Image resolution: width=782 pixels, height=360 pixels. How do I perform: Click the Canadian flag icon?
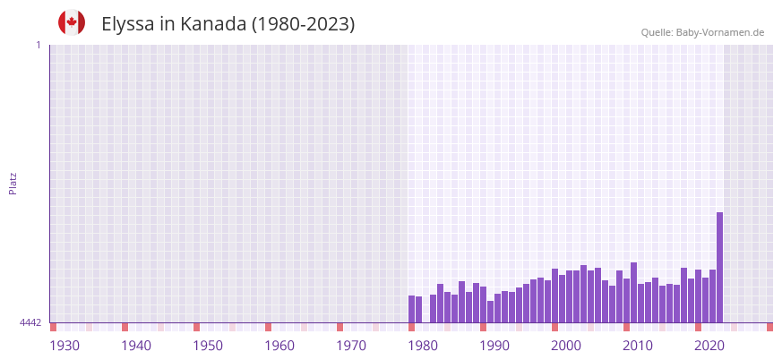tap(72, 23)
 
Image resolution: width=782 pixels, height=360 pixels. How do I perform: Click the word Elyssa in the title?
tap(127, 24)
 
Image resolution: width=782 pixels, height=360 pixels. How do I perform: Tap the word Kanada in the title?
tap(213, 24)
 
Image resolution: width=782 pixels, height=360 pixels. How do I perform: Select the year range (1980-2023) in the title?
tap(303, 24)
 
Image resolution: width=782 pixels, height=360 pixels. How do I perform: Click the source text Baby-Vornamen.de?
tap(719, 32)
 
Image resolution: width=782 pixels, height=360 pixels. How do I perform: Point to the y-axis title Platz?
tap(13, 183)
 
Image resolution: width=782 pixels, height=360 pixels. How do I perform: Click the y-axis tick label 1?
tap(38, 45)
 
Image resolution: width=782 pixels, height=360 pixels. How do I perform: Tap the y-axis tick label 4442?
tap(30, 322)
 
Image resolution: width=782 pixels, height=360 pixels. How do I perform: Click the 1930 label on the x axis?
tap(64, 346)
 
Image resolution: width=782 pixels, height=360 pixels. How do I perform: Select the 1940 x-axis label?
tap(136, 346)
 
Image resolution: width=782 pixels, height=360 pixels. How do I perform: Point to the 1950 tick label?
tap(208, 346)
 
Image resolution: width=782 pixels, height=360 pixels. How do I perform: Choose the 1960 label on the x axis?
tap(279, 346)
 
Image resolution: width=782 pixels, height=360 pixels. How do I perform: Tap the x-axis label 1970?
tap(351, 346)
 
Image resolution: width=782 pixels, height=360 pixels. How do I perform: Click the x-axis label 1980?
tap(423, 346)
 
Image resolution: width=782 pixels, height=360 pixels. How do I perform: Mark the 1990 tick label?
tap(494, 346)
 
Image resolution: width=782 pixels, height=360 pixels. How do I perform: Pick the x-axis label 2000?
tap(566, 346)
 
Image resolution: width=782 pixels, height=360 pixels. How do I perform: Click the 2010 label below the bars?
tap(638, 346)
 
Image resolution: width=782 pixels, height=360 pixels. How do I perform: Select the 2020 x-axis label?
tap(709, 346)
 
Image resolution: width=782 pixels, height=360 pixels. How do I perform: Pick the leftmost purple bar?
tap(411, 309)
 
